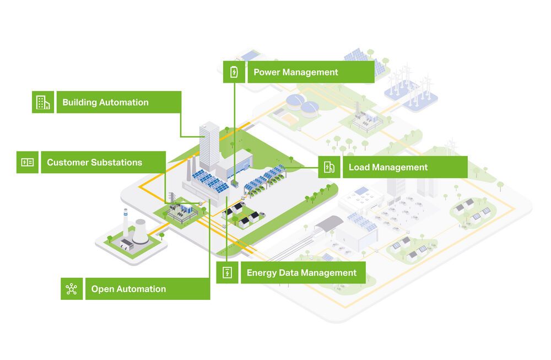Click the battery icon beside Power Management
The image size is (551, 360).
click(x=234, y=72)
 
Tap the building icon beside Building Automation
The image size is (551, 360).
click(x=43, y=102)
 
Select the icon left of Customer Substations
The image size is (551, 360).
click(x=28, y=163)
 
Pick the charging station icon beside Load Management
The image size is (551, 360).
click(x=329, y=167)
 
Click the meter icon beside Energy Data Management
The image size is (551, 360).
click(x=227, y=272)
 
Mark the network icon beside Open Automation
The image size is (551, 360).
click(x=72, y=289)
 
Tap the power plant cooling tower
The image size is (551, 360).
click(x=140, y=231)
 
